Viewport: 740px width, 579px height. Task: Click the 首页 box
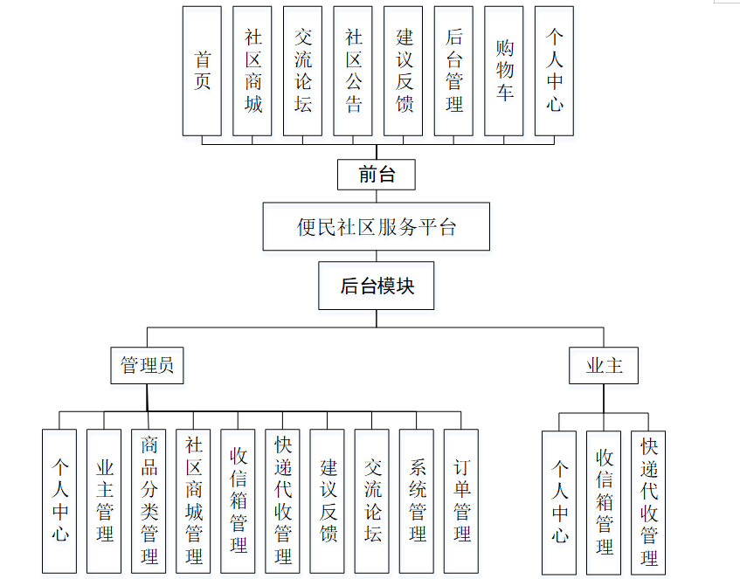click(202, 71)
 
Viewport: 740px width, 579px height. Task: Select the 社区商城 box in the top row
click(252, 71)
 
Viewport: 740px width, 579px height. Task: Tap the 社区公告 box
click(353, 71)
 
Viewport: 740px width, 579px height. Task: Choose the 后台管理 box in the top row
click(453, 71)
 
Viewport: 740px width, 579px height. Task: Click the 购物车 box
click(504, 71)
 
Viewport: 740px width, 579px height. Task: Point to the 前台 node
click(377, 175)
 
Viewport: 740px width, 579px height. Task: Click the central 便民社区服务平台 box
click(377, 227)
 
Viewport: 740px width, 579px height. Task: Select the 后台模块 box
click(377, 286)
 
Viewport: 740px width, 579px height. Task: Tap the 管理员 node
click(147, 365)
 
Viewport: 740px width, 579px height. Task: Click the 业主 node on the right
click(604, 365)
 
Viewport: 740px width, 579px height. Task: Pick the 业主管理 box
click(104, 501)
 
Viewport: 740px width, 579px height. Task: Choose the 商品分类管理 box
click(149, 501)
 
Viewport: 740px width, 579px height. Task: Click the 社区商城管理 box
click(193, 501)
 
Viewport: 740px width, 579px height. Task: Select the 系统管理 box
click(417, 501)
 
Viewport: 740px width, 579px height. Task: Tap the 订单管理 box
click(461, 501)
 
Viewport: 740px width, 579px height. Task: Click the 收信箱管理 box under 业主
click(604, 502)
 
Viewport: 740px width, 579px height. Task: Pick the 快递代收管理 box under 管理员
click(282, 501)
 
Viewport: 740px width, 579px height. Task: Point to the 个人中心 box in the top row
click(554, 71)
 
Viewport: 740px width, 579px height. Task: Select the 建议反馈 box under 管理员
click(328, 501)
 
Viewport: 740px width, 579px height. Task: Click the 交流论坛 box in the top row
click(302, 71)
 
